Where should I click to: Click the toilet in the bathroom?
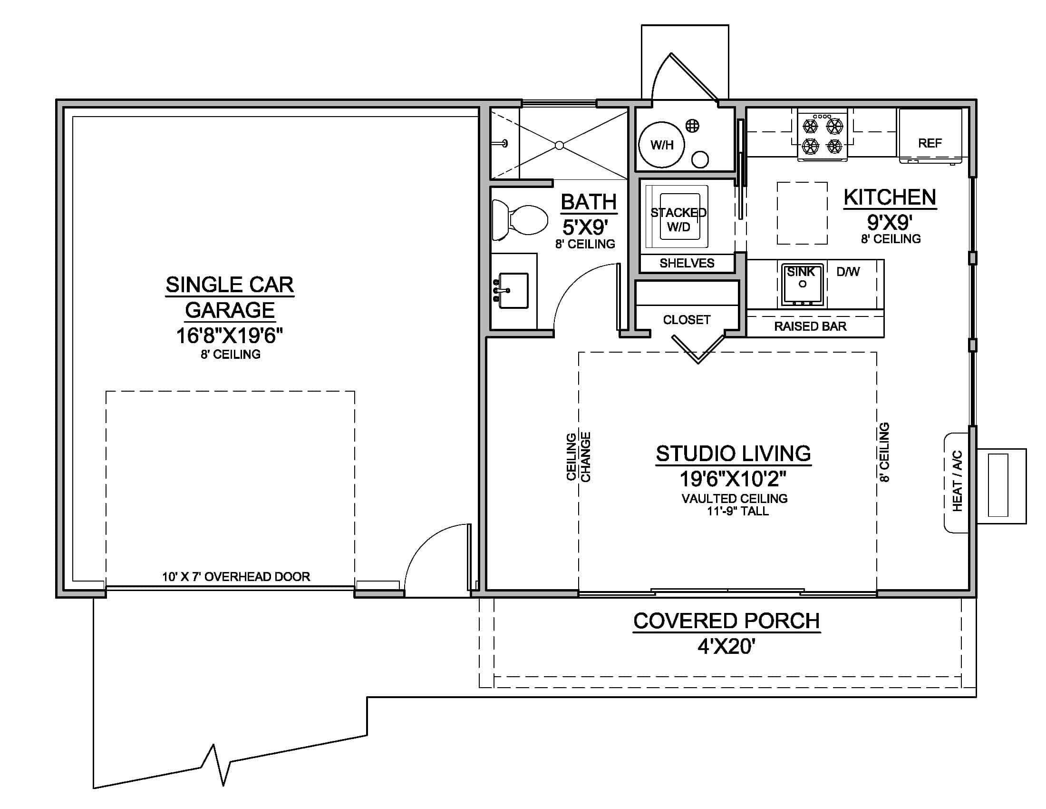(522, 220)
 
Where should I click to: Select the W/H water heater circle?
(662, 144)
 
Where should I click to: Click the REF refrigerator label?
(930, 143)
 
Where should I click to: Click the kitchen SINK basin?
(802, 285)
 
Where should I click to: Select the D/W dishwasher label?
(848, 272)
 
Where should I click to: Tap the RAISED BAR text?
(810, 326)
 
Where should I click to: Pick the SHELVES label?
(687, 263)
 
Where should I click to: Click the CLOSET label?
(686, 320)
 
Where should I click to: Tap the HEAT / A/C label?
(957, 481)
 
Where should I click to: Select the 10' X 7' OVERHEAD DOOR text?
(236, 577)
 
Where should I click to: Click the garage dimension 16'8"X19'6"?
(230, 335)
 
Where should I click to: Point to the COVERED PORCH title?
(726, 621)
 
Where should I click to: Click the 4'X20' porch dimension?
(726, 647)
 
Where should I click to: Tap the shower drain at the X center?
(559, 145)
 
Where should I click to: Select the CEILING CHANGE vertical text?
(578, 457)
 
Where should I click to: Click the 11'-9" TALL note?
(737, 512)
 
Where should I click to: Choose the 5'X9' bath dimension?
(585, 227)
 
